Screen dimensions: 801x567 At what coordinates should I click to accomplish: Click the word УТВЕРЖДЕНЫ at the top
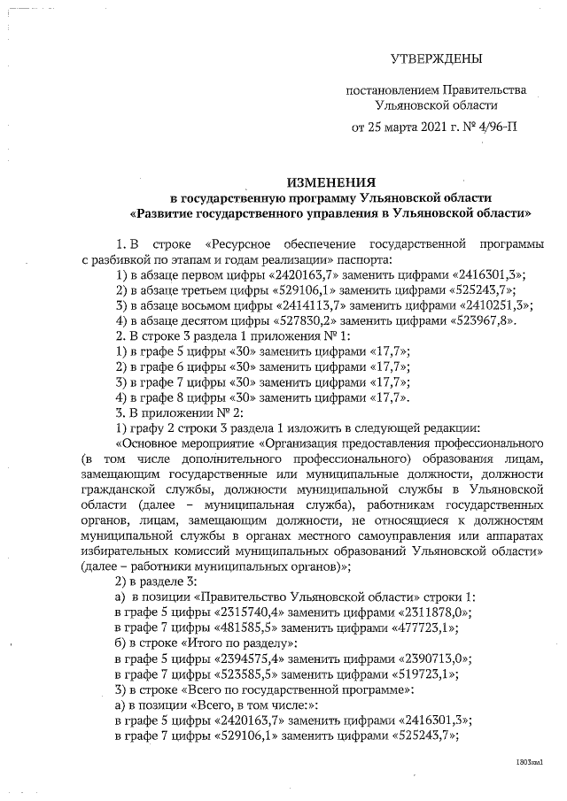[437, 59]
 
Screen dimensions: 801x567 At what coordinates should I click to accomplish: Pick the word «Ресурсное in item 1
[238, 243]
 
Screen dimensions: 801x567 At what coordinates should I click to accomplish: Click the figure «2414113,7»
[278, 305]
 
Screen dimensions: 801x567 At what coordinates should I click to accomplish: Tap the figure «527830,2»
[279, 320]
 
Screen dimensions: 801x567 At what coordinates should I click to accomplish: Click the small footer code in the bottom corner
[529, 760]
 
